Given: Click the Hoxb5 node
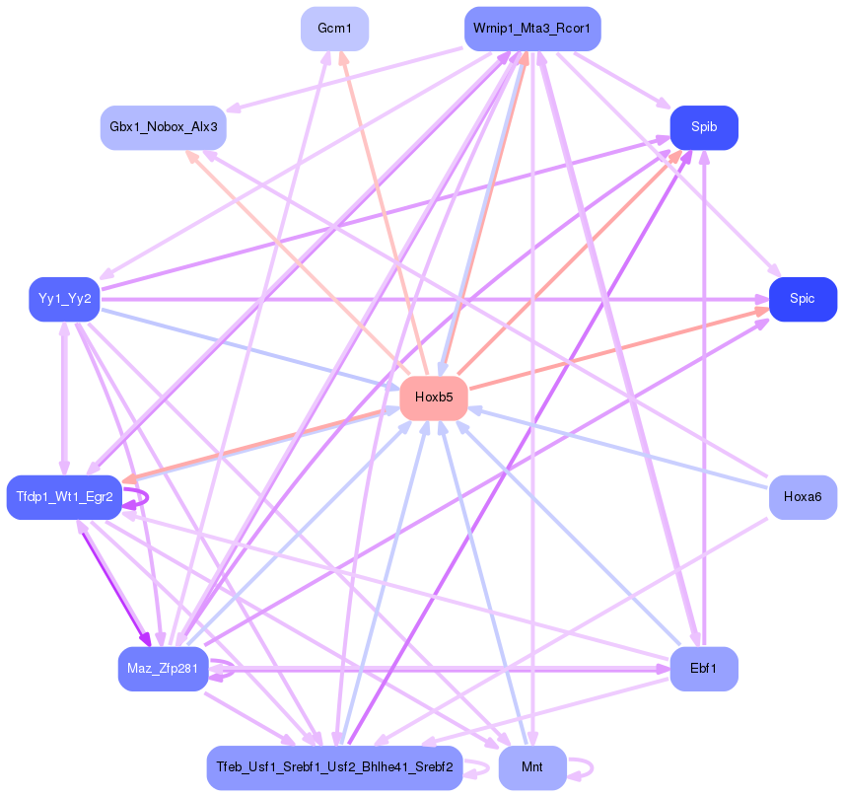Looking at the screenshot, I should tap(434, 398).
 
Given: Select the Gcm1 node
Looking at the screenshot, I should tap(334, 29).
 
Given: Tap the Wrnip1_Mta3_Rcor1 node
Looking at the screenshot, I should tap(532, 29).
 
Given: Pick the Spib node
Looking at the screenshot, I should tap(704, 127).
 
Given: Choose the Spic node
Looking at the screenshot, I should tap(803, 299).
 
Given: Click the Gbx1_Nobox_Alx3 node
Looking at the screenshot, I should tap(164, 127).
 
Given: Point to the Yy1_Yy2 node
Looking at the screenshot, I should tap(65, 299).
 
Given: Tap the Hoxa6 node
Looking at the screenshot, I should tap(803, 496).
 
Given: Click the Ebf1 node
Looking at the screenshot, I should tap(704, 669).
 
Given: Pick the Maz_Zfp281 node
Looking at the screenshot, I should tap(164, 669).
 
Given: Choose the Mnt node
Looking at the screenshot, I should tap(532, 767).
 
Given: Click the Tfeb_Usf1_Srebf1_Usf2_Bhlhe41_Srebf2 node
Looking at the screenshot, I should tap(334, 767).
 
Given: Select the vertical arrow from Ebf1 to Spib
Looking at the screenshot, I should tap(704, 395).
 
